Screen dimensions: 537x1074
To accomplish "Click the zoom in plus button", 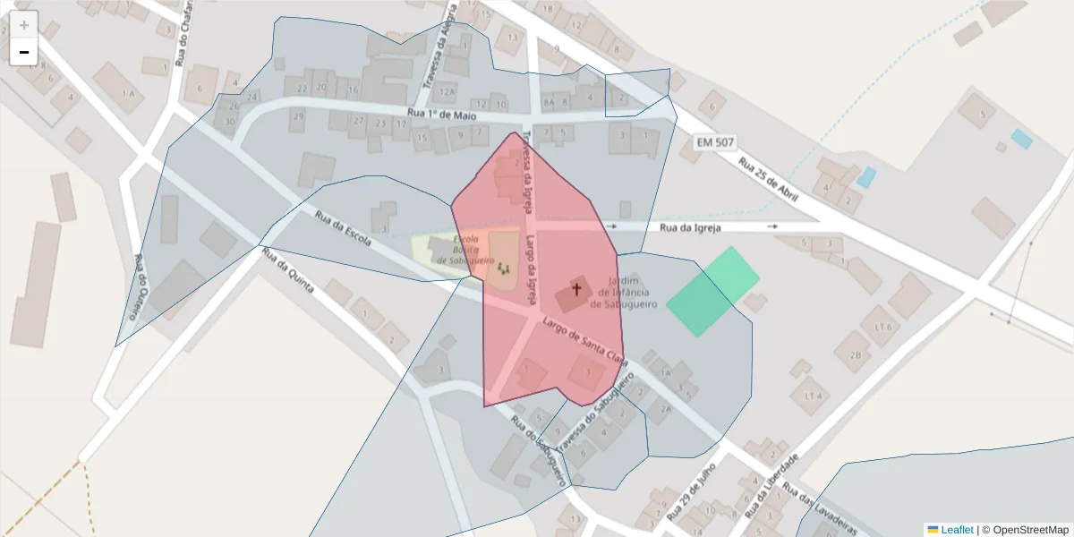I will (x=24, y=25).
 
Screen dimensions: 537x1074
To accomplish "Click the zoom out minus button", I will (x=24, y=52).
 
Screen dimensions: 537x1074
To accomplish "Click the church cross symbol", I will (x=576, y=289).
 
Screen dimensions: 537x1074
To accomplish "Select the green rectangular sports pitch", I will (x=712, y=291).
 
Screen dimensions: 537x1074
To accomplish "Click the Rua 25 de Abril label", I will (x=768, y=179).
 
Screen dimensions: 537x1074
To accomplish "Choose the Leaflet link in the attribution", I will (x=957, y=530).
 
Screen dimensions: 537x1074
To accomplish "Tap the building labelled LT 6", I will (x=884, y=327).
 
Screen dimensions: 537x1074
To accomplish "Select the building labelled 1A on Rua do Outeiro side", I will (x=129, y=93).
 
